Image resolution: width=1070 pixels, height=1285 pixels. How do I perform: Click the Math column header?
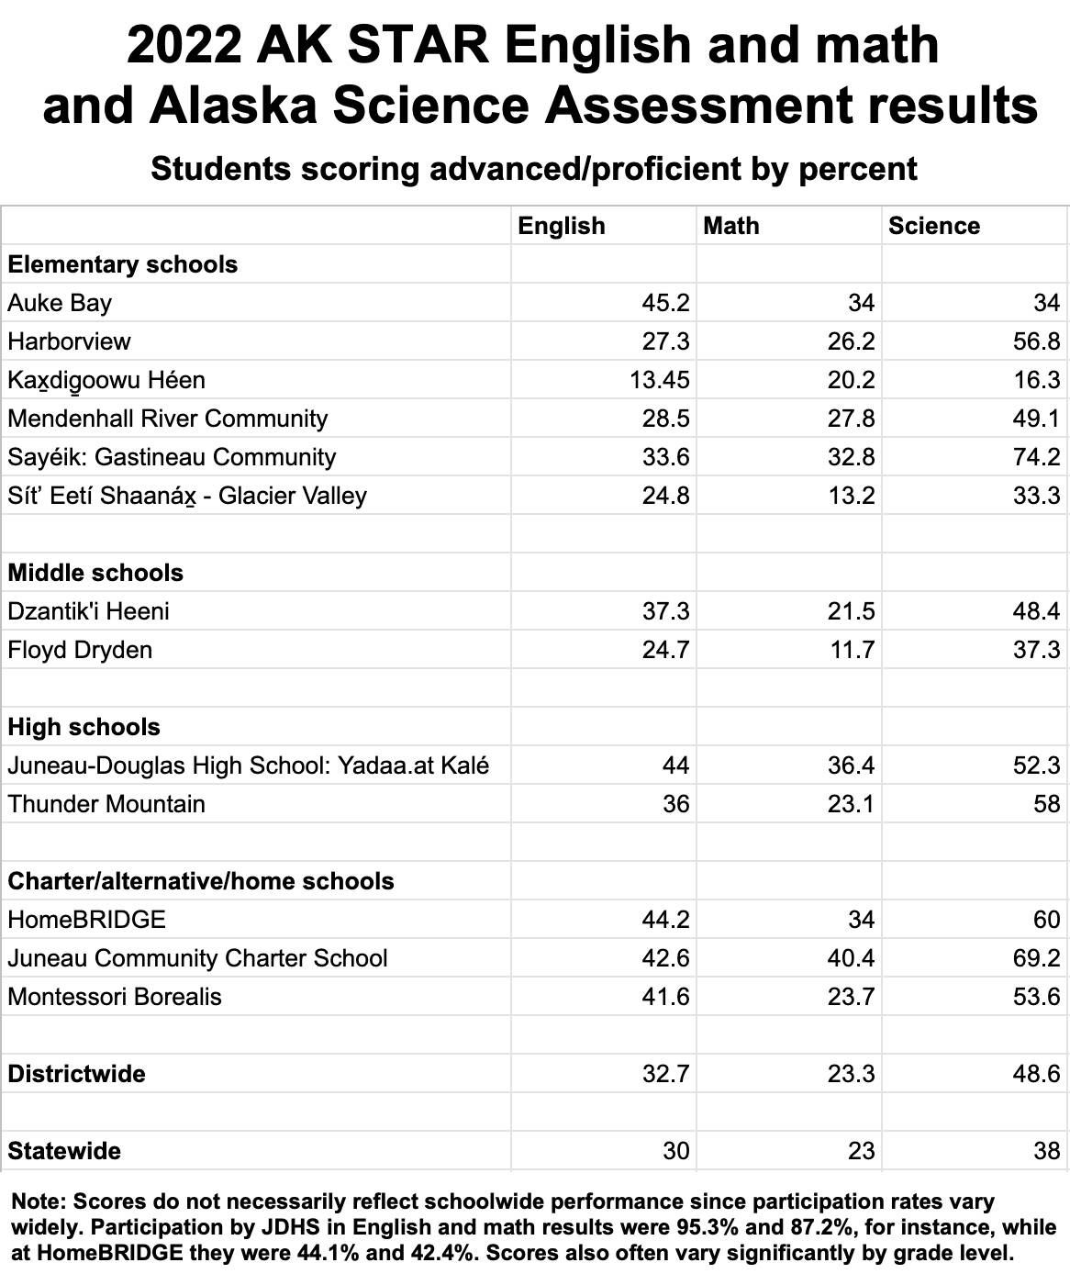coord(731,226)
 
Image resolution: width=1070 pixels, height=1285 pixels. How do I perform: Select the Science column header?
coord(933,226)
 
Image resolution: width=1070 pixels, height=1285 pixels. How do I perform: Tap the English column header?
coord(562,226)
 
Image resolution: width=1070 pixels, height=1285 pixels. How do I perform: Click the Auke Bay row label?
coord(60,303)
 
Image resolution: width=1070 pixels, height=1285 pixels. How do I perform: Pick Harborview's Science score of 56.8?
coord(1037,341)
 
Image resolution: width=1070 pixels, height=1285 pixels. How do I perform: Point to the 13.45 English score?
coord(660,380)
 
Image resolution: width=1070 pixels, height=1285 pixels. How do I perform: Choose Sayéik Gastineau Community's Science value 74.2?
coord(1037,457)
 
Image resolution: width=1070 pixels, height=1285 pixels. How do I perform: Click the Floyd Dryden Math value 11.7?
coord(852,650)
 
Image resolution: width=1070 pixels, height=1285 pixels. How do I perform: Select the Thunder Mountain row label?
coord(106,804)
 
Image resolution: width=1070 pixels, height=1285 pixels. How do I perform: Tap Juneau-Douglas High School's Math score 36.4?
coord(852,765)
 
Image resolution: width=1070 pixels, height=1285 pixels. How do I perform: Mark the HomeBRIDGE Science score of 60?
coord(1047,920)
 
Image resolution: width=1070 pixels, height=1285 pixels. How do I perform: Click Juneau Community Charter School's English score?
coord(666,958)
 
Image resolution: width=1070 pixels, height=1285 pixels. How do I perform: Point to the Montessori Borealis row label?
coord(115,997)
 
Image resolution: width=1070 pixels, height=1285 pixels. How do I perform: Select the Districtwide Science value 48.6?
coord(1037,1074)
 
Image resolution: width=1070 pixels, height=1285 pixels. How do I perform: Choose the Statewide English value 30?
coord(676,1151)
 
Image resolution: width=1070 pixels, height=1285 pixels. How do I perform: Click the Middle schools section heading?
coord(95,573)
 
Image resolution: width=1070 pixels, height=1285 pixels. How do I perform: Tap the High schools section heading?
coord(84,727)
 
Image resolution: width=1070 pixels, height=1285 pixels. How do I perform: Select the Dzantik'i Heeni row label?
coord(88,611)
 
